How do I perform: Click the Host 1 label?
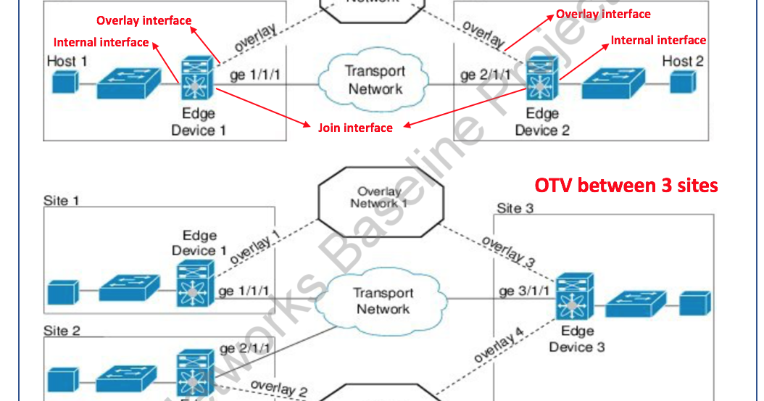pos(67,61)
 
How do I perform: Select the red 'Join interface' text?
pos(355,128)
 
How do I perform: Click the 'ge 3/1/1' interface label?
pos(524,292)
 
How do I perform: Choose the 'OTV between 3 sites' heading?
pos(626,186)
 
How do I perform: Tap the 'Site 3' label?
pos(515,209)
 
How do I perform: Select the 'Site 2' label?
pos(62,331)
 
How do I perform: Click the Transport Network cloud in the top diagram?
pos(374,80)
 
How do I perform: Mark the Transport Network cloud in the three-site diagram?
pos(382,301)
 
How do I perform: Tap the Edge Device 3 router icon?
pos(575,297)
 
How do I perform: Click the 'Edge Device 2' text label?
pos(542,122)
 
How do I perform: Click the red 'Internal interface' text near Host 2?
pos(658,41)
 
